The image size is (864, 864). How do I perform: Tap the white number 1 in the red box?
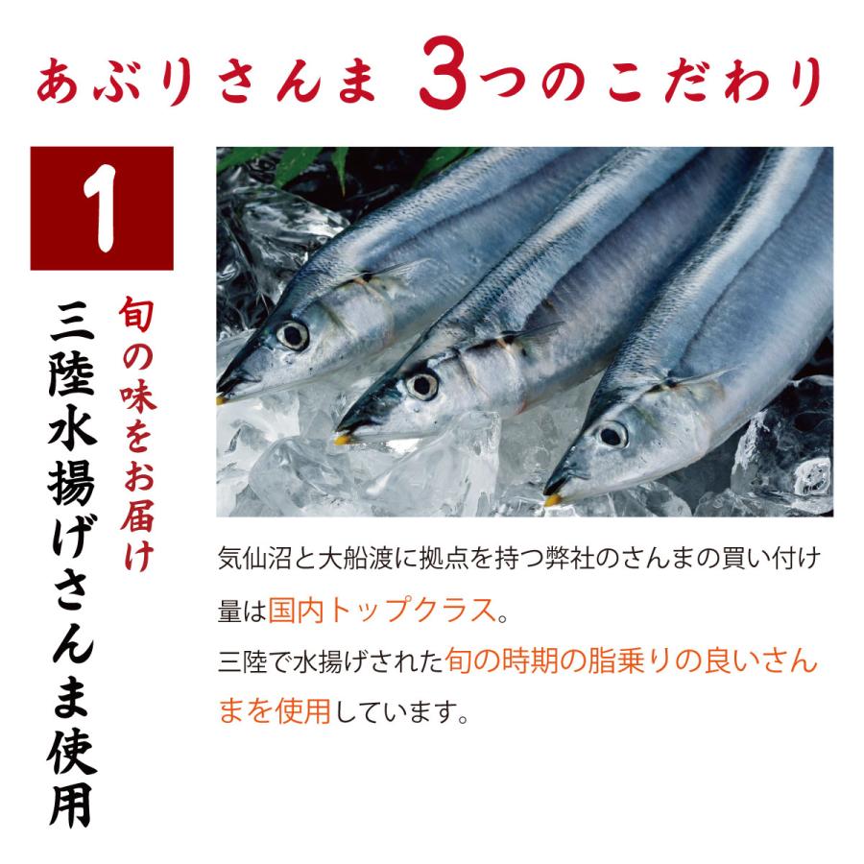[101, 208]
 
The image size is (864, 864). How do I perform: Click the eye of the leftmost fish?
[293, 335]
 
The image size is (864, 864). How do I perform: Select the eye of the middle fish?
[422, 386]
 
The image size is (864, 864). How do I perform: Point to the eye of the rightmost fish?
[612, 436]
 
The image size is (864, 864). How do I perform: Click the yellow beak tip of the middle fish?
[343, 439]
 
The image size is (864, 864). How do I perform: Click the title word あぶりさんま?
[207, 82]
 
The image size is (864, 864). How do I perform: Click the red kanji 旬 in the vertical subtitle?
[136, 314]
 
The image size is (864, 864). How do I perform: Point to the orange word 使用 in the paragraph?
[303, 710]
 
